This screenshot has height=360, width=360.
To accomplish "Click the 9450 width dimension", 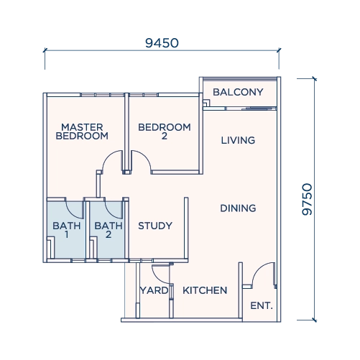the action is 162,43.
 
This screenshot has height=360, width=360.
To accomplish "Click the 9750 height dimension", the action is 308,199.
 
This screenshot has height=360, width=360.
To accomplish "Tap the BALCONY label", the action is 238,92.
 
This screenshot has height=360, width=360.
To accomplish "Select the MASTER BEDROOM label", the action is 82,131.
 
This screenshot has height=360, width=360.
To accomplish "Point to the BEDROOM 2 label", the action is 165,131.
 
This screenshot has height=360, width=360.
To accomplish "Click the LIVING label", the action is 238,140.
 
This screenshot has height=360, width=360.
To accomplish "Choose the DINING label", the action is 238,208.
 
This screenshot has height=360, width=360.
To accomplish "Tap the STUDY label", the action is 155,226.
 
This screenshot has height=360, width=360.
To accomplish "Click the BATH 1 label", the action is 67,230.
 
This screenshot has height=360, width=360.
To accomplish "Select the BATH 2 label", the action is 109,230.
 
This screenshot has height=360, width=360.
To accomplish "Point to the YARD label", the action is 154,290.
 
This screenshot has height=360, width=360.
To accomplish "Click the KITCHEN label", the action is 205,290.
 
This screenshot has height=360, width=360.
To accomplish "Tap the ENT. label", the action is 262,306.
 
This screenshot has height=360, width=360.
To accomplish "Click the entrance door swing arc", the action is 258,268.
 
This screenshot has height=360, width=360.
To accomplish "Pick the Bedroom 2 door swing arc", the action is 144,156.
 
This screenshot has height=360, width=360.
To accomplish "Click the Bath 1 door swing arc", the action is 71,213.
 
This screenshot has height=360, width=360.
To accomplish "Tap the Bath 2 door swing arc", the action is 110,213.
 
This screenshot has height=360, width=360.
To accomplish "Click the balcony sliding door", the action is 259,109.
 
